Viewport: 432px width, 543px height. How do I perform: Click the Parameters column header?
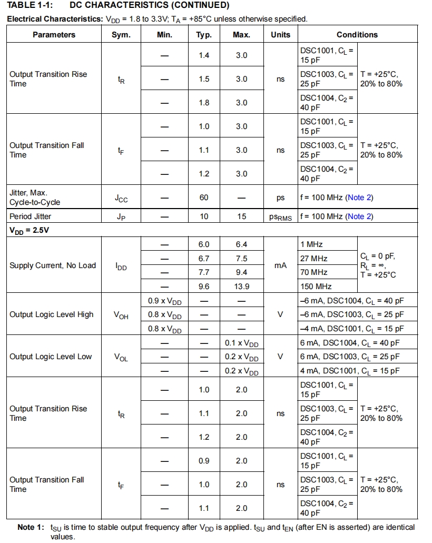[x=54, y=35]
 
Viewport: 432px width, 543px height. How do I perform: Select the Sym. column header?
[x=121, y=35]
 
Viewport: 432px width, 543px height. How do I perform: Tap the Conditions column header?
[x=357, y=35]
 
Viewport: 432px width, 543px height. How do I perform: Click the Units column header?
[x=280, y=35]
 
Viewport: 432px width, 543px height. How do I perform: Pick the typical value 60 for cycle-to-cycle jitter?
[x=204, y=198]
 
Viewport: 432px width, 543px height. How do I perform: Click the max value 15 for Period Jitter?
[x=241, y=216]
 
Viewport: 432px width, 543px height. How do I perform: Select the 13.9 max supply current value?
[x=241, y=287]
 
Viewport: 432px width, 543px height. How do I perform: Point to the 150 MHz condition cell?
[x=316, y=287]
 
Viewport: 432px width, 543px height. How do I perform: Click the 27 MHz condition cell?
[x=314, y=259]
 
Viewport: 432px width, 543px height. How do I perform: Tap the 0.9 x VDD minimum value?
[x=164, y=301]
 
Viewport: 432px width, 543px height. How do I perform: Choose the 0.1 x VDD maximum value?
[x=241, y=343]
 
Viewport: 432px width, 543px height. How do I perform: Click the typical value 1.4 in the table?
[x=204, y=55]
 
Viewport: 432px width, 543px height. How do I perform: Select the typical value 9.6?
[x=204, y=287]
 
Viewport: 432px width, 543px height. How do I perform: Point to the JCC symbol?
[x=121, y=198]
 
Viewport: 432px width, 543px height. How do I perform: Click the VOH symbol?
[x=121, y=315]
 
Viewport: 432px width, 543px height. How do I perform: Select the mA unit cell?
[x=280, y=265]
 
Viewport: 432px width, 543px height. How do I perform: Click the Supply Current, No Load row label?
[x=53, y=265]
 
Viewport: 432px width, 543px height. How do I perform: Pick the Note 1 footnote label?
[x=31, y=527]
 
